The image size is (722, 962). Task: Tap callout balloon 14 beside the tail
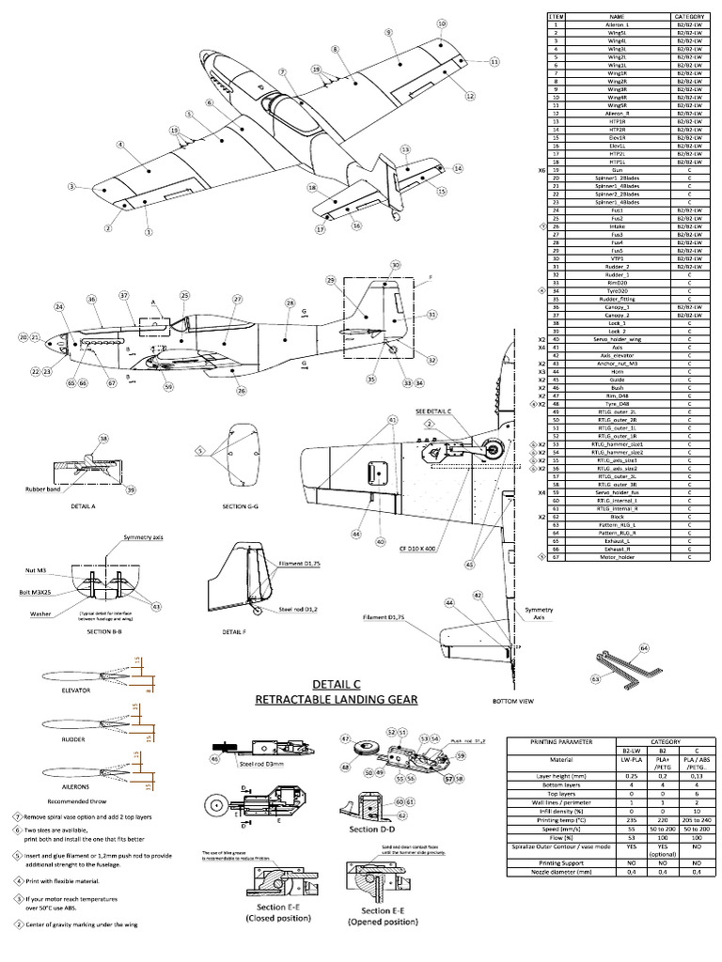pyautogui.click(x=458, y=169)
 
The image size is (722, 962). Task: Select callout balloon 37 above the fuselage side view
pyautogui.click(x=123, y=296)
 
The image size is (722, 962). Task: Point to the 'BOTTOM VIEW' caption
pyautogui.click(x=513, y=701)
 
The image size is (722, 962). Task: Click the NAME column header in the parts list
pyautogui.click(x=616, y=17)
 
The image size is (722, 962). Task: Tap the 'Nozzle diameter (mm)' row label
pyautogui.click(x=550, y=873)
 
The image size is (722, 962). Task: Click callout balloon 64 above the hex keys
pyautogui.click(x=644, y=648)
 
